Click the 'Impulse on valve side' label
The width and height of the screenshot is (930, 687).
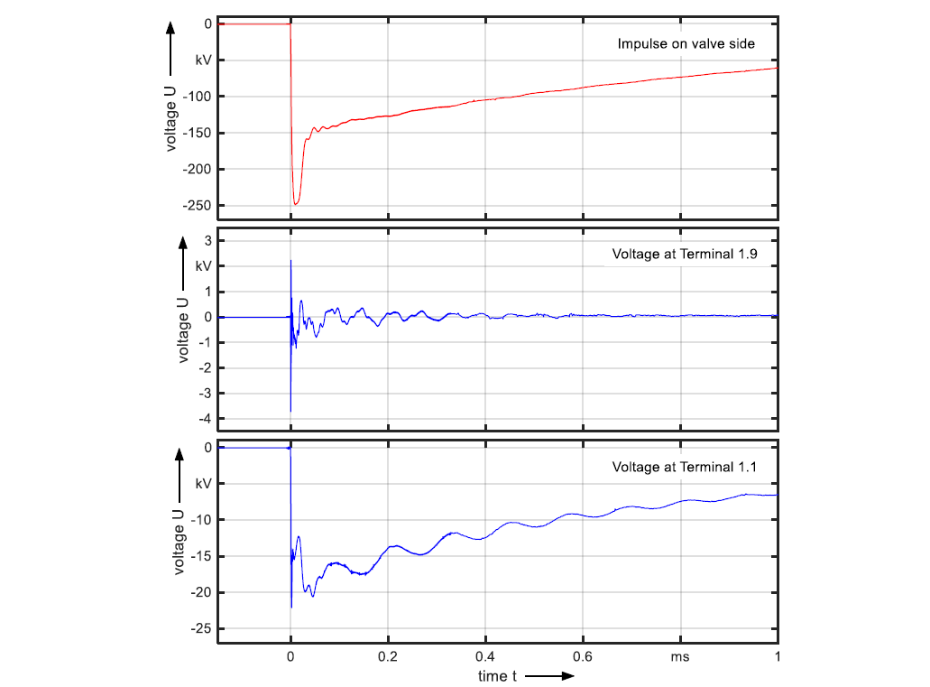686,43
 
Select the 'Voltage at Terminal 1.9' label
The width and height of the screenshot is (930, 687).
684,254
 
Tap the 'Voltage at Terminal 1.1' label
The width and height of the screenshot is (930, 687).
684,467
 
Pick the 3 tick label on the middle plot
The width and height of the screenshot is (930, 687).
207,241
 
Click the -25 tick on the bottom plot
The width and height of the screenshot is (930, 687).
201,628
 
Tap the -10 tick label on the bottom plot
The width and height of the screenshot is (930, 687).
201,520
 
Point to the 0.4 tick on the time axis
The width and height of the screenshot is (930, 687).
485,657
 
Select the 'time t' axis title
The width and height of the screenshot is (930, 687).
497,675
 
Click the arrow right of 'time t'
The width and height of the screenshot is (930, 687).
548,675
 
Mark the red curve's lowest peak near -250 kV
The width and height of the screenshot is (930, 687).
296,204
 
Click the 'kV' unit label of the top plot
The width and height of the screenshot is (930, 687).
203,60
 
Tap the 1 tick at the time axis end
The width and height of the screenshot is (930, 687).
777,657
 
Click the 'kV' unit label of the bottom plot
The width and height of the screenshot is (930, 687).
203,484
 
